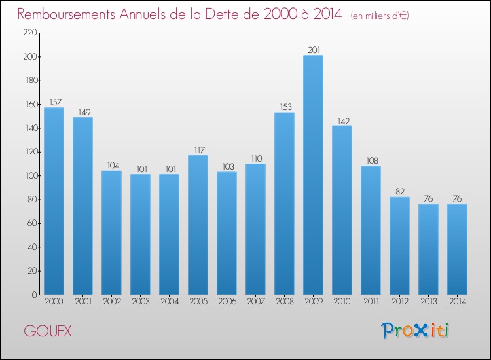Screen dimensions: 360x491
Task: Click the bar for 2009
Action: (313, 175)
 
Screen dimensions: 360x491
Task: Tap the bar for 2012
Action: (399, 245)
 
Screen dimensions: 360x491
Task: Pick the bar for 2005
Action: (198, 225)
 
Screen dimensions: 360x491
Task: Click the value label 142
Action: (342, 120)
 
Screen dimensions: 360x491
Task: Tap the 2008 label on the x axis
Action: (284, 302)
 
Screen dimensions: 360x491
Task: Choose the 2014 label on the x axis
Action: (457, 302)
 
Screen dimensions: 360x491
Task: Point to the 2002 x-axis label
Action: (111, 302)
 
